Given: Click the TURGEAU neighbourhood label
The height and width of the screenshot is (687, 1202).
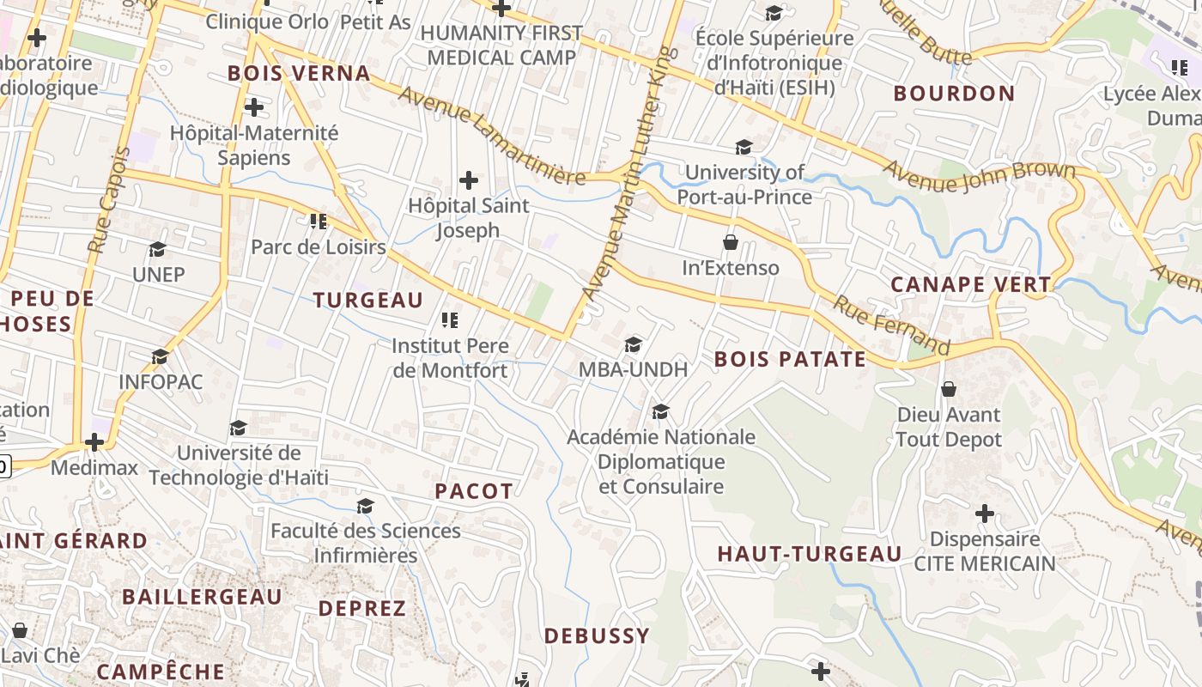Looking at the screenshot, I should click(367, 300).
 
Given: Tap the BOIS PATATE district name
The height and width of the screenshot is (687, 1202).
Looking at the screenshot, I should click(790, 359).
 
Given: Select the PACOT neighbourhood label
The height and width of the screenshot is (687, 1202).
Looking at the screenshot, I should click(473, 491).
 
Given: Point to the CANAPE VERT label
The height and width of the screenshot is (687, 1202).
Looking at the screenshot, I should click(970, 284).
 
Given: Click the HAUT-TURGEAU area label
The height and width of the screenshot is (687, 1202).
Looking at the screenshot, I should click(810, 554).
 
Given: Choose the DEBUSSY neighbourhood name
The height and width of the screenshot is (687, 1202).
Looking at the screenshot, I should click(597, 636).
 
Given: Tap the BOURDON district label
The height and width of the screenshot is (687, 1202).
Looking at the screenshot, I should click(954, 94).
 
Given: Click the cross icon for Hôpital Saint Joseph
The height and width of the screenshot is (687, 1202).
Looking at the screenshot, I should click(469, 180).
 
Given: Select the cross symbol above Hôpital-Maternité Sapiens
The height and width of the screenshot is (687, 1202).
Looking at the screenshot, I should click(253, 107).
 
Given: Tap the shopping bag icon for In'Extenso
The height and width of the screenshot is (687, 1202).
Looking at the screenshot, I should click(731, 242).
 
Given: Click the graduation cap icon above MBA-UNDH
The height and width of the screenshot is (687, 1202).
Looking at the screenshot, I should click(634, 344).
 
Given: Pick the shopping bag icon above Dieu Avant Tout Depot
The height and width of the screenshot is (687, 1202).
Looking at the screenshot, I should click(949, 389).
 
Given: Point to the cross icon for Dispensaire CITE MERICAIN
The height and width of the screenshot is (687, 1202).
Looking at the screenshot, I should click(985, 514).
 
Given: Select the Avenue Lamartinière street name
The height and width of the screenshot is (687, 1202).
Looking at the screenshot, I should click(492, 137).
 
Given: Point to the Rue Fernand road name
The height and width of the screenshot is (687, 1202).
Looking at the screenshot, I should click(891, 325).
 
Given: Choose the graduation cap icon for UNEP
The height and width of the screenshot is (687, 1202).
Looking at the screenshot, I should click(157, 249).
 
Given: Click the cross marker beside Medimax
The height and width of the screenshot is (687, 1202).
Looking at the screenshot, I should click(94, 442).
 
